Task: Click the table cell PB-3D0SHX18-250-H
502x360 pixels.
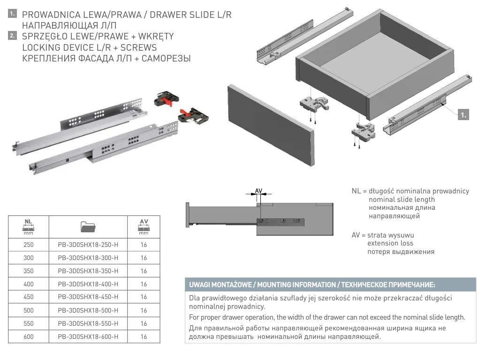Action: (x=88, y=245)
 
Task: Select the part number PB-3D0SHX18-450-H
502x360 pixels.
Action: (x=88, y=297)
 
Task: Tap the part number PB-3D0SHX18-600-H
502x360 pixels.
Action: (x=88, y=337)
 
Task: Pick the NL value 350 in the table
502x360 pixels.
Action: (x=28, y=271)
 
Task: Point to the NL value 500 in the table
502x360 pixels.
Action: (x=28, y=310)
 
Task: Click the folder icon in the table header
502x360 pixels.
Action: (x=88, y=227)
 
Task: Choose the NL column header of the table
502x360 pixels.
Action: (x=28, y=227)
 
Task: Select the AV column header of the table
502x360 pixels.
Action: (x=144, y=227)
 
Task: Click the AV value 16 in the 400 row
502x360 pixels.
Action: (x=144, y=284)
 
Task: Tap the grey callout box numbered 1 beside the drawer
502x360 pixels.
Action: (x=463, y=115)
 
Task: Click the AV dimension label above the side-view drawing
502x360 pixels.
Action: (x=259, y=191)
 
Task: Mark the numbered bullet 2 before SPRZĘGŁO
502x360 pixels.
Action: (x=12, y=36)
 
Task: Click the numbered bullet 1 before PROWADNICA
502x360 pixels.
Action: (x=12, y=14)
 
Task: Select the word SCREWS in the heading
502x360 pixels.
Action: (x=139, y=47)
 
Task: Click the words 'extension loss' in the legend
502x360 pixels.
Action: (x=390, y=243)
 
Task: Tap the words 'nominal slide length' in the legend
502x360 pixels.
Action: (x=402, y=199)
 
